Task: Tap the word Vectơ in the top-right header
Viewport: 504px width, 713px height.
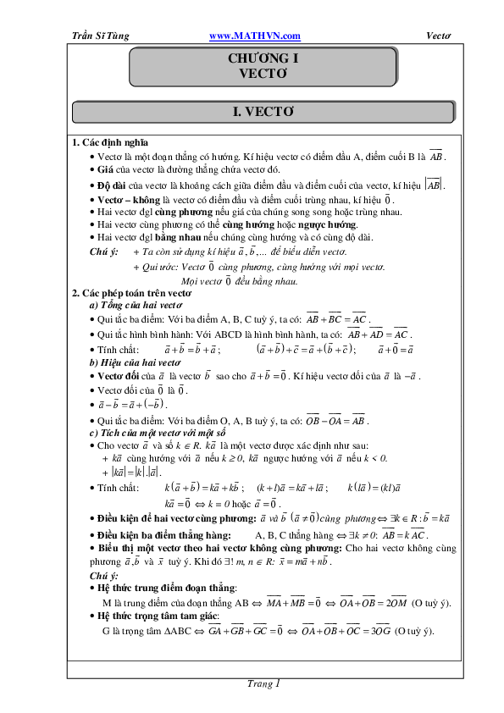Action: pos(438,36)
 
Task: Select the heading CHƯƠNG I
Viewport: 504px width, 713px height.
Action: pos(263,59)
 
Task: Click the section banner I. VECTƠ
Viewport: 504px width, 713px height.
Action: pos(263,112)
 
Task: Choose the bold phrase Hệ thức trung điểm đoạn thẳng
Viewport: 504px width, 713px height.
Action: pos(167,588)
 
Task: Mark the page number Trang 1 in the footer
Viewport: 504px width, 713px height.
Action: pos(263,683)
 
